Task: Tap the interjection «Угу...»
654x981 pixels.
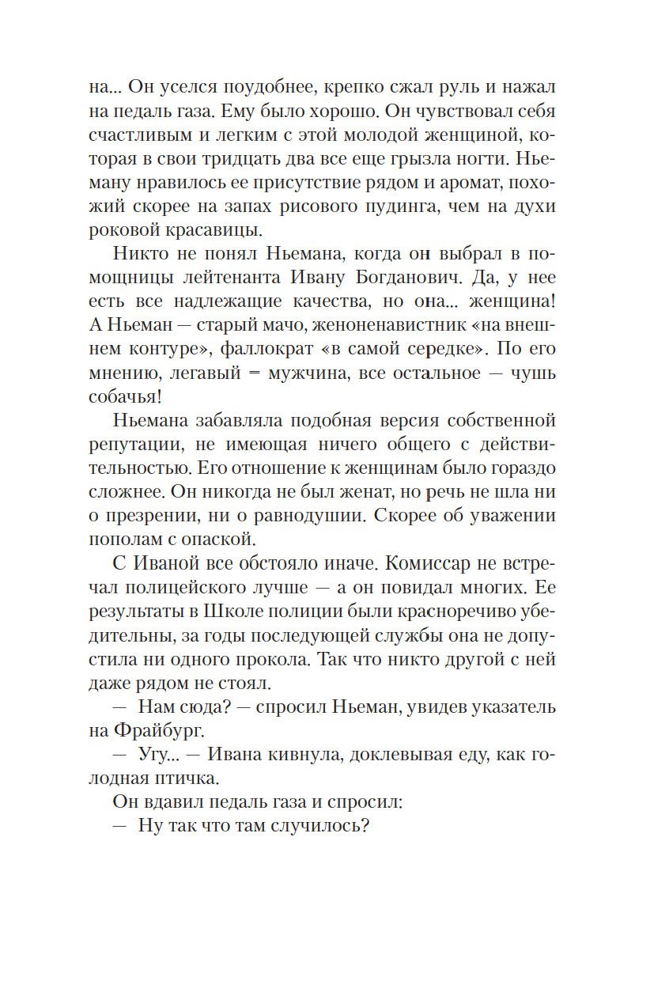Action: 157,755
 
